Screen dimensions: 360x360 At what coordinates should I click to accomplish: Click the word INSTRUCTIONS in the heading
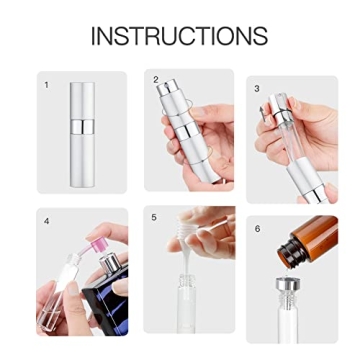pos(180,37)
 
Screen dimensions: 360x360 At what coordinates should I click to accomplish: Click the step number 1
pos(46,85)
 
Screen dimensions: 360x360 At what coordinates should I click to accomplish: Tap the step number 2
pos(155,78)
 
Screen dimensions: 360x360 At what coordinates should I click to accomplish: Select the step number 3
pos(257,88)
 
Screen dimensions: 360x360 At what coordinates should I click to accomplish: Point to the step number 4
pos(46,219)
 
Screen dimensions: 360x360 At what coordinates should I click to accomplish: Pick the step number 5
pos(154,216)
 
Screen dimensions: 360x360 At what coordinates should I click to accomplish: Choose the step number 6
pos(257,228)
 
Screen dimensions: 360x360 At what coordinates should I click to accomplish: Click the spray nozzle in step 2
pos(167,88)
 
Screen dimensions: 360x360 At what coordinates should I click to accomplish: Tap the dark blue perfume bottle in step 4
pos(100,300)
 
